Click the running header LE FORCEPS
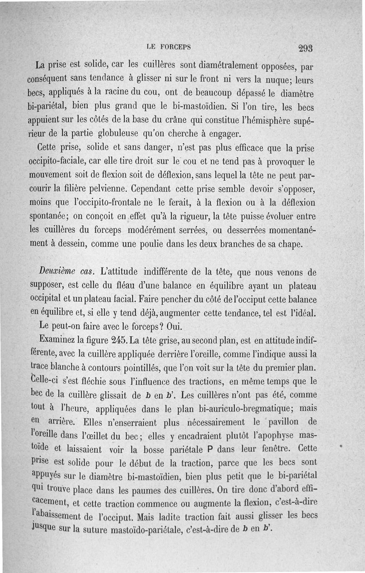168,47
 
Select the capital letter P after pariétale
210,450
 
